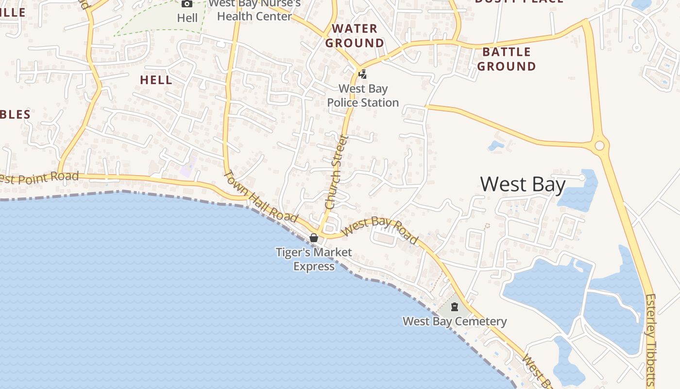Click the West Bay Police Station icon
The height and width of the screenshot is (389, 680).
pos(362,74)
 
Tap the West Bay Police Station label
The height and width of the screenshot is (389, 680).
pos(363,96)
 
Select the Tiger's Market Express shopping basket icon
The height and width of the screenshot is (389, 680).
pos(314,238)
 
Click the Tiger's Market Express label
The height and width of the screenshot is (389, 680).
pos(314,259)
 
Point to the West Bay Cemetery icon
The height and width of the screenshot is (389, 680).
pos(455,307)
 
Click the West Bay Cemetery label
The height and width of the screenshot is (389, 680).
pos(455,321)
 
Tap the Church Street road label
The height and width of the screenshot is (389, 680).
pos(337,172)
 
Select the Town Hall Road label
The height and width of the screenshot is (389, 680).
pos(260,197)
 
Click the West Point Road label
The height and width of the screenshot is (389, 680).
pos(39,178)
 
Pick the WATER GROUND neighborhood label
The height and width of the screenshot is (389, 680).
pos(355,36)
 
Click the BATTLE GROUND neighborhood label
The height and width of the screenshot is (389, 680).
pos(506,59)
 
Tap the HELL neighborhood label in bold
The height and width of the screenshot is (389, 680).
pos(156,80)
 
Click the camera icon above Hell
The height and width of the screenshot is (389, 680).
pos(187,4)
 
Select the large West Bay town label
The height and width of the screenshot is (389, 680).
pos(523,185)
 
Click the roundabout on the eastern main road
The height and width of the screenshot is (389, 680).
pos(599,145)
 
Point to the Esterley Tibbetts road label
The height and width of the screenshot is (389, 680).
pos(651,340)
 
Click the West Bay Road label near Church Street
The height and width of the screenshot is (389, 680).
pos(380,230)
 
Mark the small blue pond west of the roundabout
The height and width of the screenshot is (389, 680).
pos(496,145)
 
